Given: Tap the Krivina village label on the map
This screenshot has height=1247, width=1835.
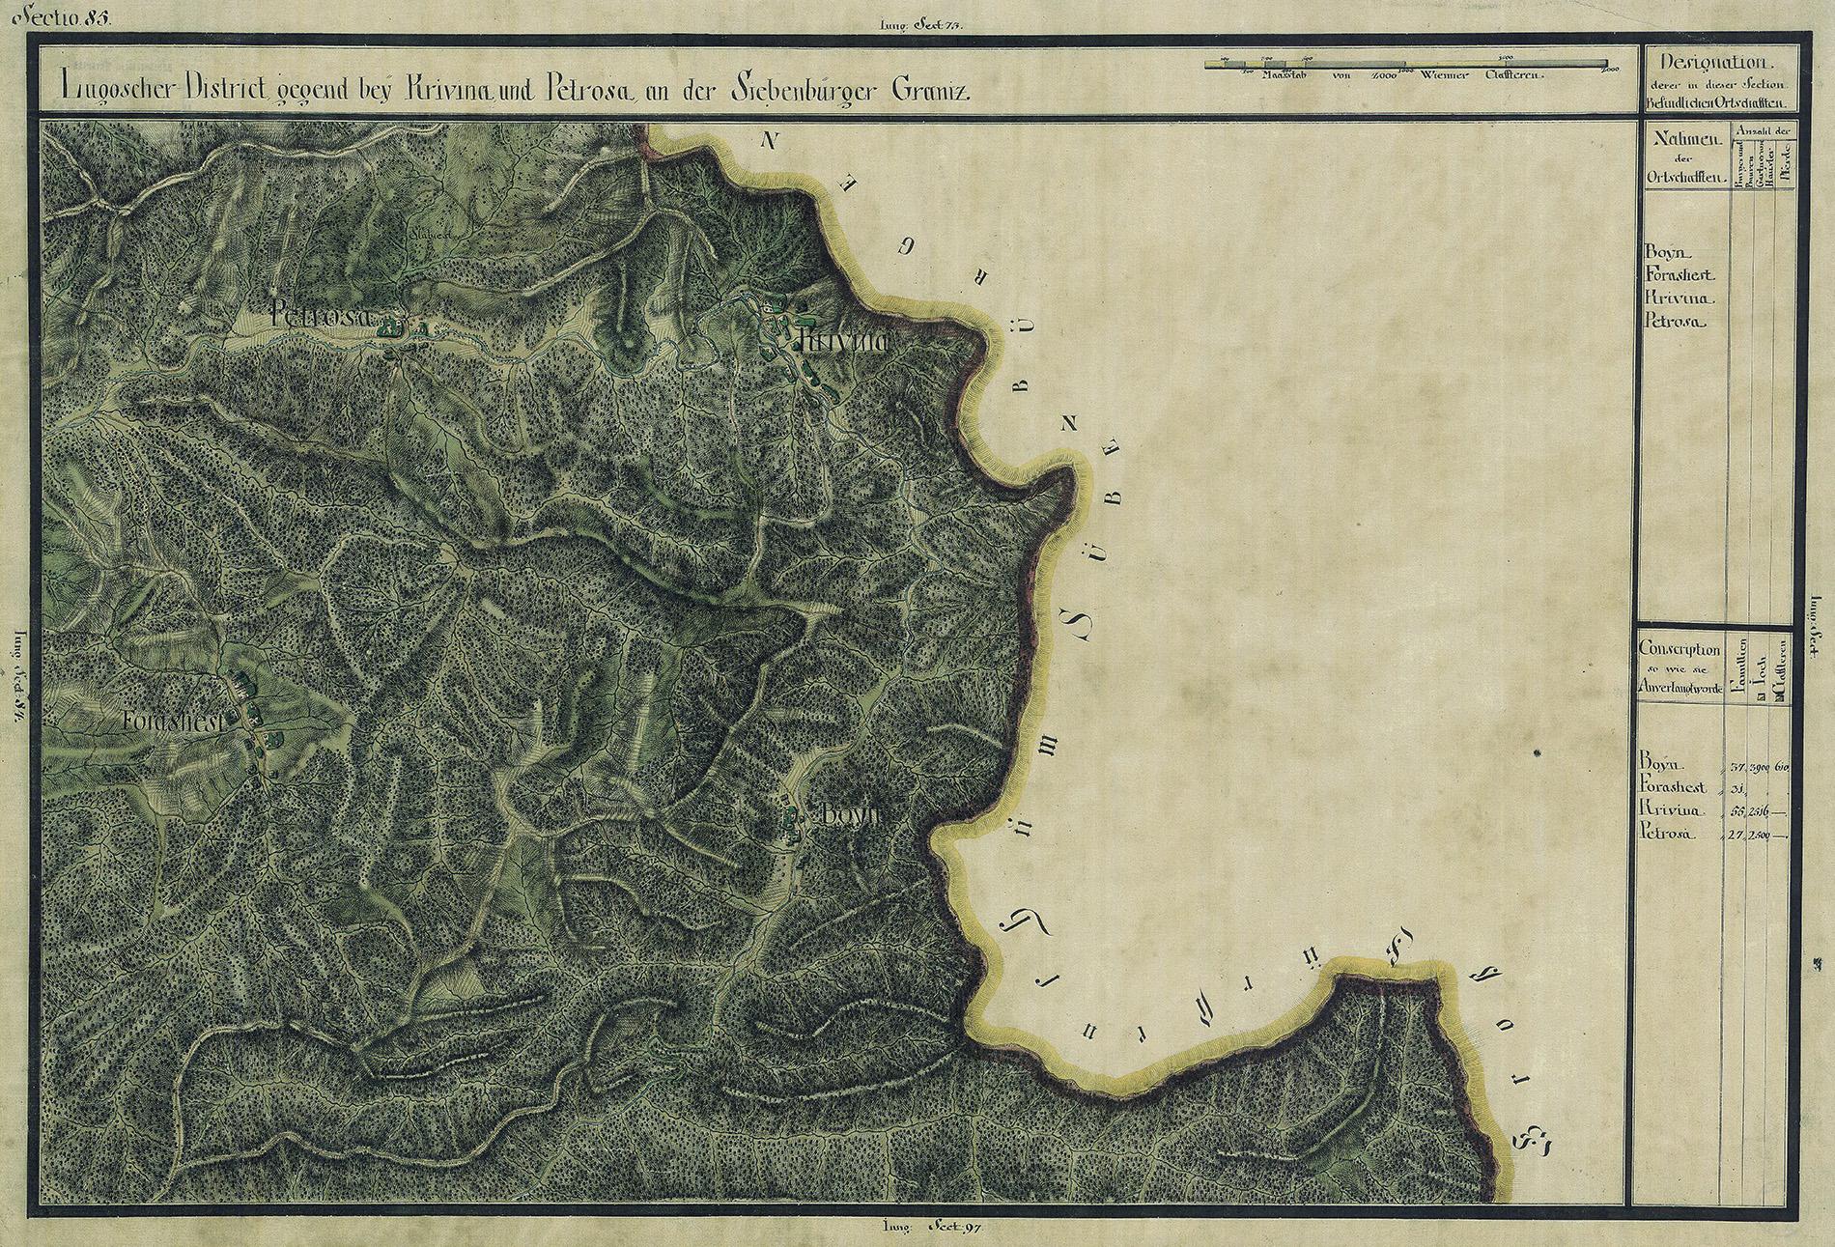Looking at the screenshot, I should tap(841, 341).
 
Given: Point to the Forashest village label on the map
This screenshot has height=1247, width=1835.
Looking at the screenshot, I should tap(174, 721).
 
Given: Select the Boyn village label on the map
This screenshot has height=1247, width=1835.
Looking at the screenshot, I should tap(850, 814).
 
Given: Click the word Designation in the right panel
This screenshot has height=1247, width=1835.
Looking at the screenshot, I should tap(1720, 63).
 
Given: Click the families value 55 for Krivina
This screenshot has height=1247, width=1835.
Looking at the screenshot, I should tap(1737, 810).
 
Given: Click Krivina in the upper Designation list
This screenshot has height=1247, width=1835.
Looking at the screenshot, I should tap(1673, 298).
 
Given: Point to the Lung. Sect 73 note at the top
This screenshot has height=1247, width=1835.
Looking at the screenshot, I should tap(920, 26).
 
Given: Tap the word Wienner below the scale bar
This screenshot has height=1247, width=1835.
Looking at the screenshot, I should tap(1444, 74).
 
